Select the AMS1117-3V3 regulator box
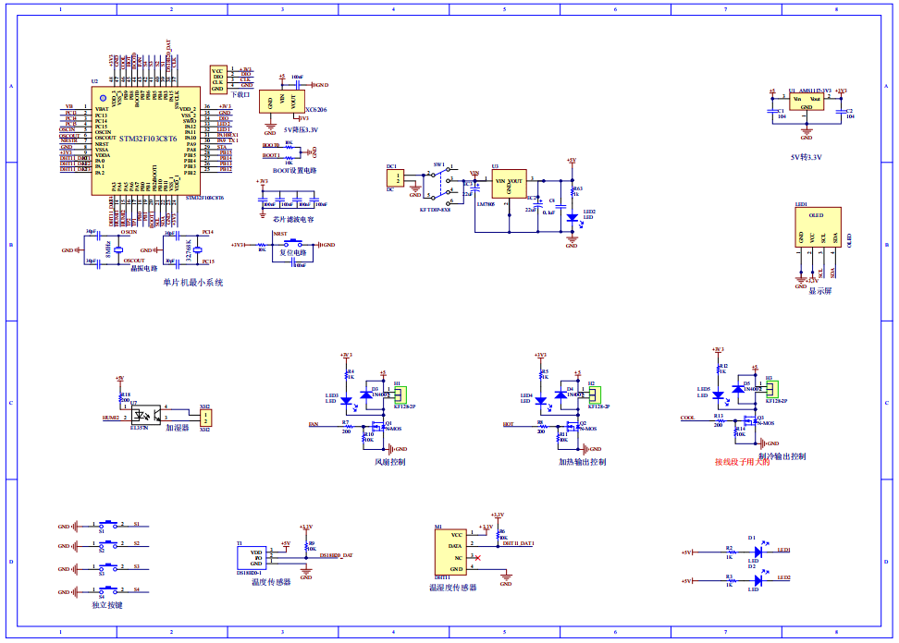click(x=807, y=102)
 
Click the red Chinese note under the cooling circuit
click(x=742, y=462)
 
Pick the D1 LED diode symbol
click(x=757, y=552)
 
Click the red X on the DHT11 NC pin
click(x=476, y=558)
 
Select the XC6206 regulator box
click(x=282, y=102)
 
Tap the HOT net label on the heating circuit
click(x=508, y=425)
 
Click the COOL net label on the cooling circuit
click(x=687, y=418)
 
